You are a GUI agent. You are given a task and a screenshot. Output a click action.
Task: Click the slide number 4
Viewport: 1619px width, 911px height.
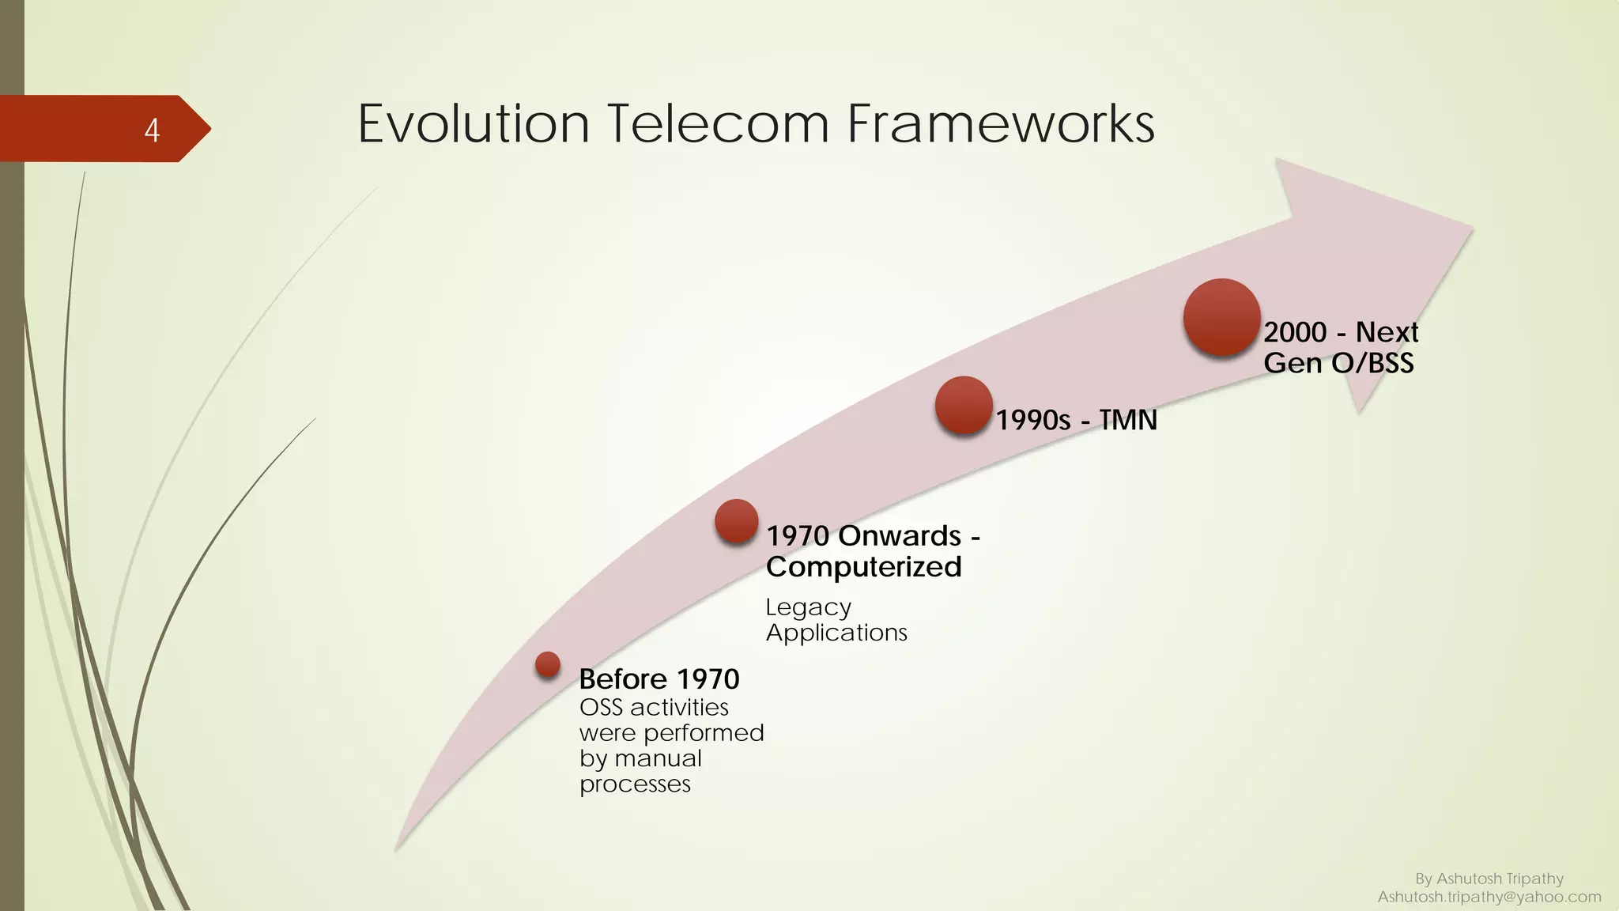pos(152,130)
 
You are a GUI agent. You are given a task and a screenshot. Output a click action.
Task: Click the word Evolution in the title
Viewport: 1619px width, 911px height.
pos(474,124)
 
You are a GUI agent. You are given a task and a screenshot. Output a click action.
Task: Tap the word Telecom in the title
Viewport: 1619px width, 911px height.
pos(718,124)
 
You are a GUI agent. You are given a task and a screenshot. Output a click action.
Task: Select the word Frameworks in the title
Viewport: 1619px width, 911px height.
pos(1000,124)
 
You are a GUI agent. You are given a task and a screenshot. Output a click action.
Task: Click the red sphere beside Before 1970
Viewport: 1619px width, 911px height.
pos(548,664)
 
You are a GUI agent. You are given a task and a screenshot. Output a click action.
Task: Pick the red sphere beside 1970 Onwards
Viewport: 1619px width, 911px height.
pos(737,521)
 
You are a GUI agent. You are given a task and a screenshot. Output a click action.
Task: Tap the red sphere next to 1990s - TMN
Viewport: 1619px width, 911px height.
pos(964,405)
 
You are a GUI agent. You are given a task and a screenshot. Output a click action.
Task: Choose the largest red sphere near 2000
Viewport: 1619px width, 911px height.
pos(1221,317)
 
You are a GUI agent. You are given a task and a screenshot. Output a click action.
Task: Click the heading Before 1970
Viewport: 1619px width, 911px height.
pos(659,679)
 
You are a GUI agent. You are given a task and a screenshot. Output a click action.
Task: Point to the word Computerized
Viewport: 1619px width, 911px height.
pos(863,567)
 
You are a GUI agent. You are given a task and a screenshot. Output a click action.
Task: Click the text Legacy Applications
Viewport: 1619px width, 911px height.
pos(836,620)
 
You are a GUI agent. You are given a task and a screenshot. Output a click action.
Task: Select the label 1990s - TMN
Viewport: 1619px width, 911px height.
pos(1076,420)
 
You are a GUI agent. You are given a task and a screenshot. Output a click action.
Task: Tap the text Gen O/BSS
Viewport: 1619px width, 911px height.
pos(1338,363)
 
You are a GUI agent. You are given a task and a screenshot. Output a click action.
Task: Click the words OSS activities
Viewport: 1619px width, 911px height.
pos(654,707)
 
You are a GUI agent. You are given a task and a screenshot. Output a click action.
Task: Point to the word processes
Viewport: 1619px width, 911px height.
pos(635,784)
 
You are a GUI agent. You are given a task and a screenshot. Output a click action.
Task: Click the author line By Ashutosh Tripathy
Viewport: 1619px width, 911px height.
pos(1489,879)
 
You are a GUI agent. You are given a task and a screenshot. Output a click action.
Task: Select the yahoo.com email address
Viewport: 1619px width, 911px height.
pos(1489,897)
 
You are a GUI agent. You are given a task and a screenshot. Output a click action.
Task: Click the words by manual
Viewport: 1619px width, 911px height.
pos(640,758)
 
